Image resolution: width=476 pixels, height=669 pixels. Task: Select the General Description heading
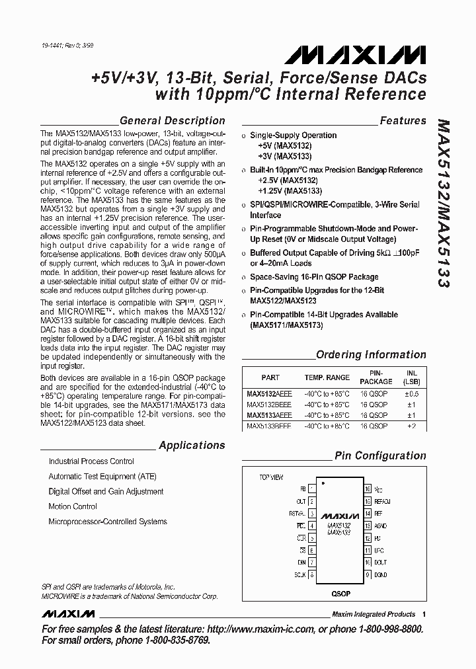(172, 121)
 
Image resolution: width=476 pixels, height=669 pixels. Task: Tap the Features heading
(403, 121)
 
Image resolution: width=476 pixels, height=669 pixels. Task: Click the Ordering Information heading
(371, 354)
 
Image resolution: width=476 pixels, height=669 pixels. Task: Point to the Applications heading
(192, 446)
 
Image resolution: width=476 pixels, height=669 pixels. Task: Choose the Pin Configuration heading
(380, 455)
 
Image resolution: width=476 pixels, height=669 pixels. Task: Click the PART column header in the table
(270, 377)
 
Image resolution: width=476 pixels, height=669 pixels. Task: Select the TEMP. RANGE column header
(327, 377)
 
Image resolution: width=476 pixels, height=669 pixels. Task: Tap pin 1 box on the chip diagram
(311, 489)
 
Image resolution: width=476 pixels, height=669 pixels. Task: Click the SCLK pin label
(299, 574)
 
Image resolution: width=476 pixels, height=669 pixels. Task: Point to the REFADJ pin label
(383, 502)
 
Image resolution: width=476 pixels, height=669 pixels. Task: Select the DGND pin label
(381, 574)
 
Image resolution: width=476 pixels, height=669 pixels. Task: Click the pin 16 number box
(367, 489)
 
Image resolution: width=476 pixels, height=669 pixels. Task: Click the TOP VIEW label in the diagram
(272, 477)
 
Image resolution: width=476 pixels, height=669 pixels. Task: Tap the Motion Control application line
(73, 506)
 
